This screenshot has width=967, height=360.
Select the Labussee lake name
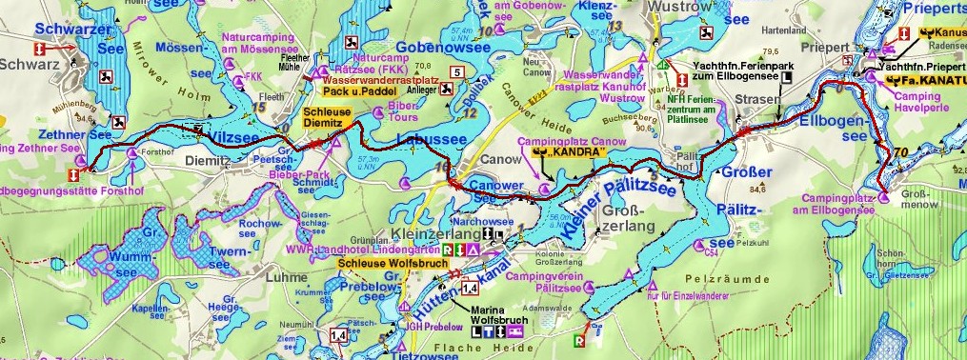[430, 140]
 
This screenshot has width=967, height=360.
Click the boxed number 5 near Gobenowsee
[457, 71]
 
